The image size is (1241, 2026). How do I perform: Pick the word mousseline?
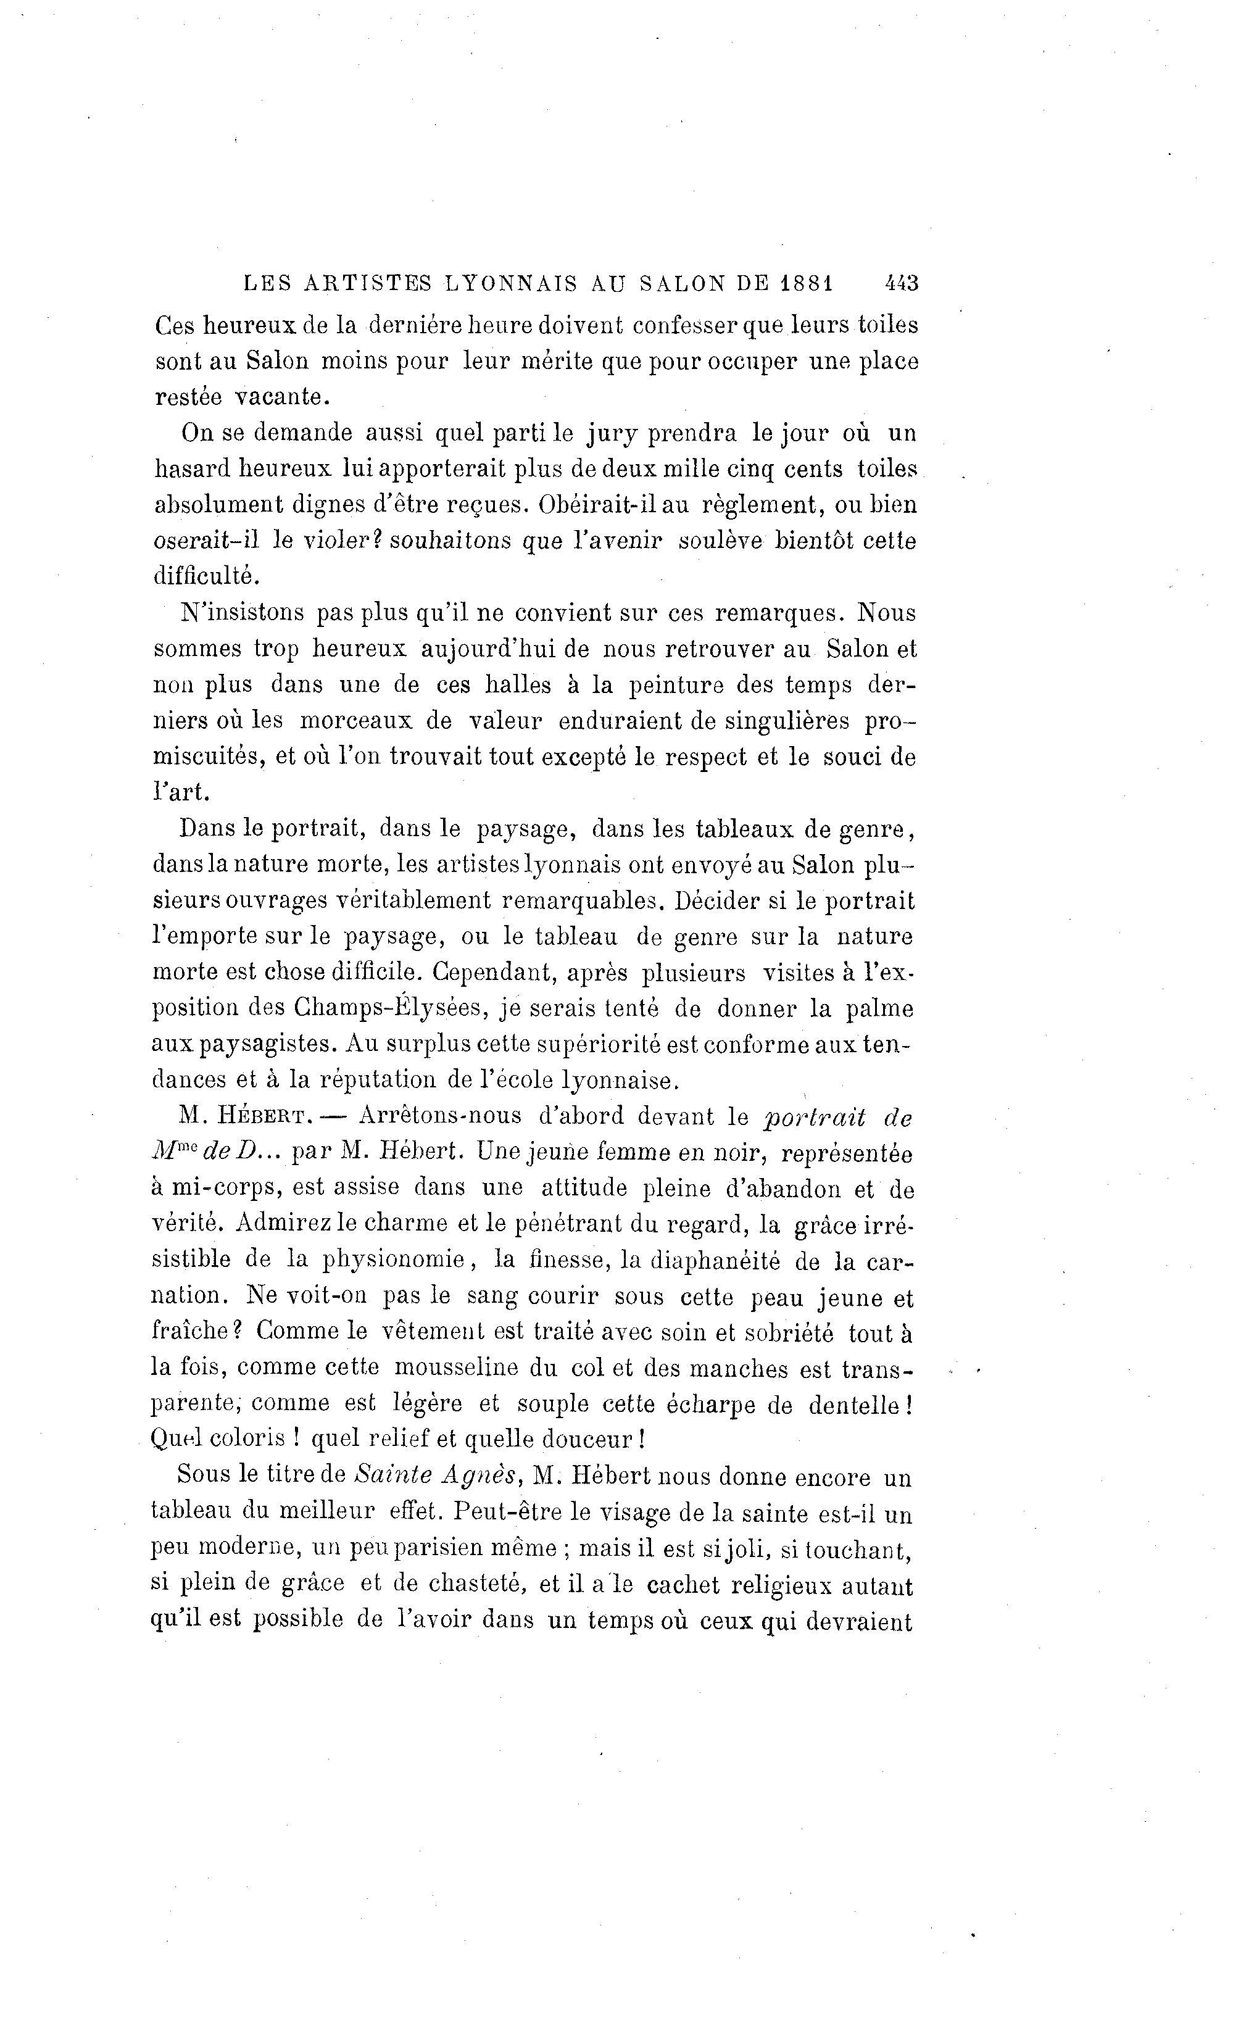pyautogui.click(x=455, y=1368)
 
